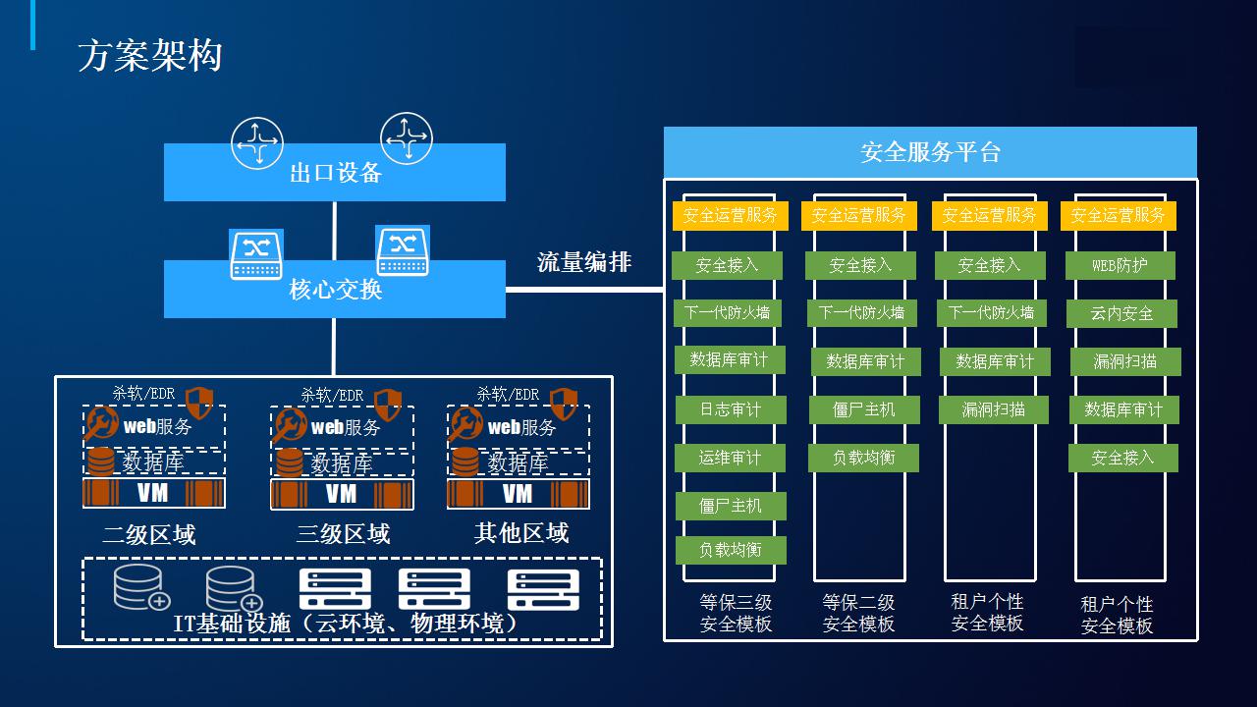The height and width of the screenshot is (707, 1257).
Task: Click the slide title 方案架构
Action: (150, 56)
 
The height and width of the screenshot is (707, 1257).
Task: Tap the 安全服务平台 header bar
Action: (930, 152)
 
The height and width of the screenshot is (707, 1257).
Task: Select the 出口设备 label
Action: (336, 173)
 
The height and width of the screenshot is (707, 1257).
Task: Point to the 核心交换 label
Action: (336, 290)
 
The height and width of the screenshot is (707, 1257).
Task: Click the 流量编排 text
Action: (584, 262)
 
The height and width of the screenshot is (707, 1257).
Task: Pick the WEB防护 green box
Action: (1120, 265)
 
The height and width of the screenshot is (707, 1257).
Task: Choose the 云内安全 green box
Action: (1121, 313)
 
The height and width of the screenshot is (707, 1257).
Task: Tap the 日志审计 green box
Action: (731, 409)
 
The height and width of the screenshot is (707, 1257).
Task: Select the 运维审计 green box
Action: (730, 458)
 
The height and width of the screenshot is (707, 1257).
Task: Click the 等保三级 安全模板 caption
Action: (736, 614)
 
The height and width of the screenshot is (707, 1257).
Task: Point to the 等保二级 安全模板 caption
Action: (858, 614)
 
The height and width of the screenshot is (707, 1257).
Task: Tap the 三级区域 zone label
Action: (343, 533)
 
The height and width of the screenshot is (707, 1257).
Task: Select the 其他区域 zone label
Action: (521, 532)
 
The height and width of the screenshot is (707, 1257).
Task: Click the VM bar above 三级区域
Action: (342, 494)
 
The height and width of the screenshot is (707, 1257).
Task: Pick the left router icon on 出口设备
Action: (257, 143)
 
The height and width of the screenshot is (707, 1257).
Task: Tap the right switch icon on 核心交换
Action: (403, 250)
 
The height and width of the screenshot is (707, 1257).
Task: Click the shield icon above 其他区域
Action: (564, 403)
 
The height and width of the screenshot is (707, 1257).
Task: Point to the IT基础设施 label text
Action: (345, 624)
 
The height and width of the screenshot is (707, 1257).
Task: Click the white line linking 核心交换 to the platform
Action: (584, 290)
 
